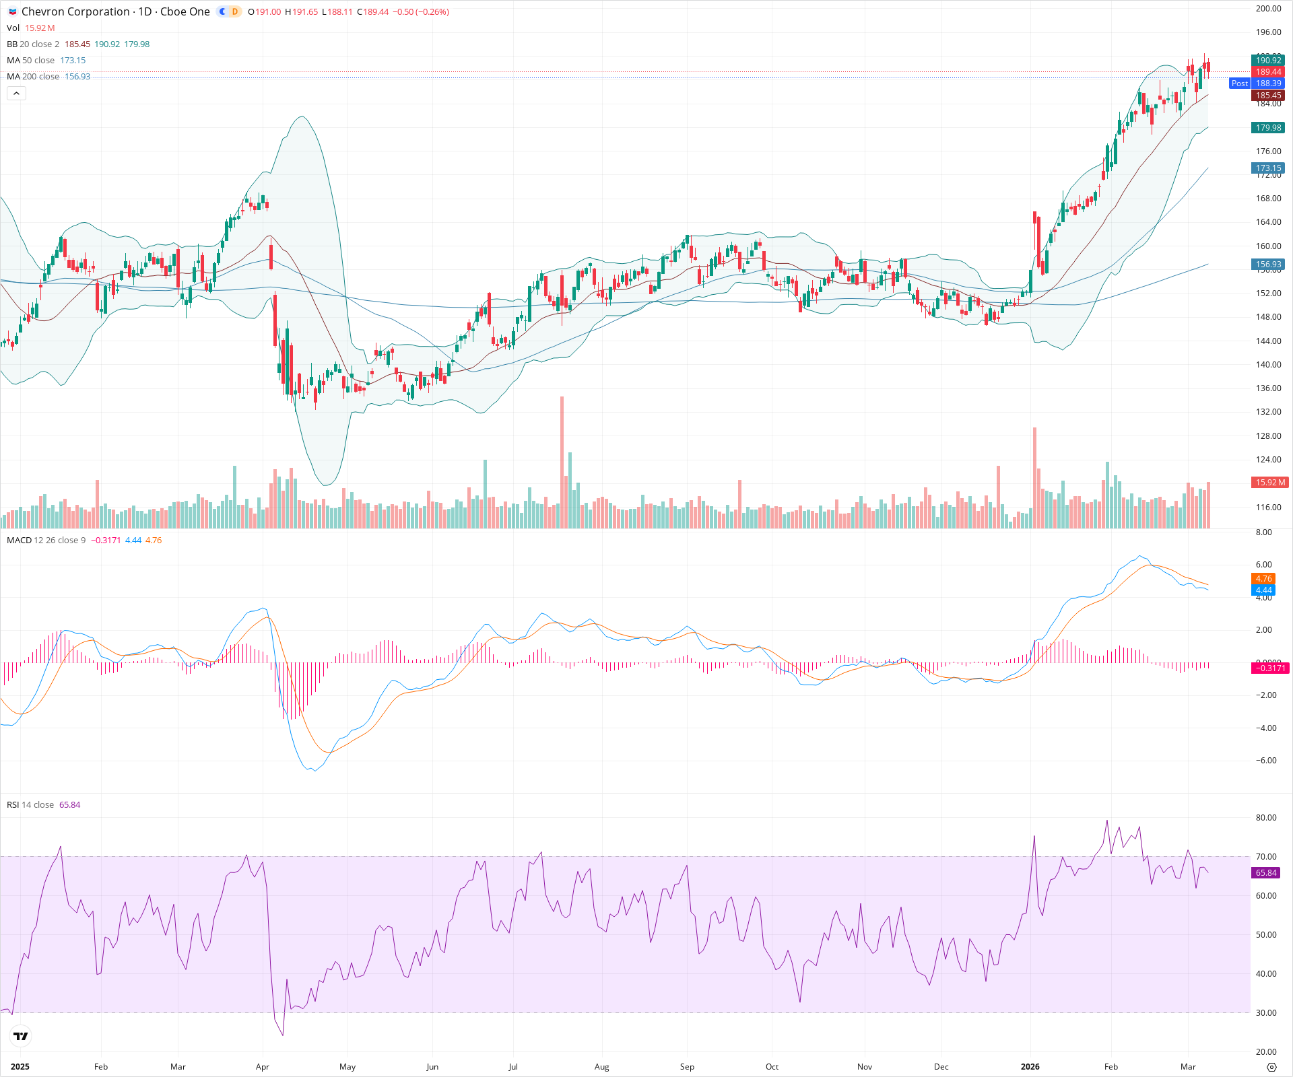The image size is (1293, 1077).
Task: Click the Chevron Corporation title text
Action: (x=75, y=11)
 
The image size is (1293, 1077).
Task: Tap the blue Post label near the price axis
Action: (x=1239, y=83)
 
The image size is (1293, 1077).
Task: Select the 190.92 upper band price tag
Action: (x=1268, y=61)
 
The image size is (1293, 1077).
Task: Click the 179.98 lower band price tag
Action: (x=1268, y=128)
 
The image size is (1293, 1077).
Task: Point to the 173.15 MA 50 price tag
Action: (x=1268, y=168)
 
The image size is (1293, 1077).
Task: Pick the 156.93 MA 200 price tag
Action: (x=1268, y=265)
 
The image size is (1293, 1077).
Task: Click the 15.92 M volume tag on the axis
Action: (x=1269, y=483)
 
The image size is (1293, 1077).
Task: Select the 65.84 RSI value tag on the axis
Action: (x=1266, y=873)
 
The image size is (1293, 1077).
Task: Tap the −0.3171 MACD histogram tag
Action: (x=1269, y=668)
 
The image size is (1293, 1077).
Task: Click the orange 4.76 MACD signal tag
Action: (x=1263, y=579)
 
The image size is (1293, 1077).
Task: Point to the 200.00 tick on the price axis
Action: (x=1268, y=9)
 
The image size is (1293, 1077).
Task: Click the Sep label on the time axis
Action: (x=687, y=1067)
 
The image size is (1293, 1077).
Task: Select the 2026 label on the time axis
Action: (x=1030, y=1067)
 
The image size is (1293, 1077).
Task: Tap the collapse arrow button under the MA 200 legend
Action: (x=16, y=94)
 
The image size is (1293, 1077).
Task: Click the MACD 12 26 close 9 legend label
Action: (x=46, y=541)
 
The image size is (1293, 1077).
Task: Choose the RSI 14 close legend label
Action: (x=30, y=805)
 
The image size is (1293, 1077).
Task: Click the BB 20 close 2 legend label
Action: (x=33, y=44)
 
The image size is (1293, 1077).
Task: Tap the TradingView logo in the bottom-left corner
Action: (x=21, y=1037)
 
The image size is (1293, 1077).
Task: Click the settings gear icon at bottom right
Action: (x=1271, y=1067)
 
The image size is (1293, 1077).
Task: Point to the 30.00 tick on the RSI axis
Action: (x=1266, y=1013)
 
